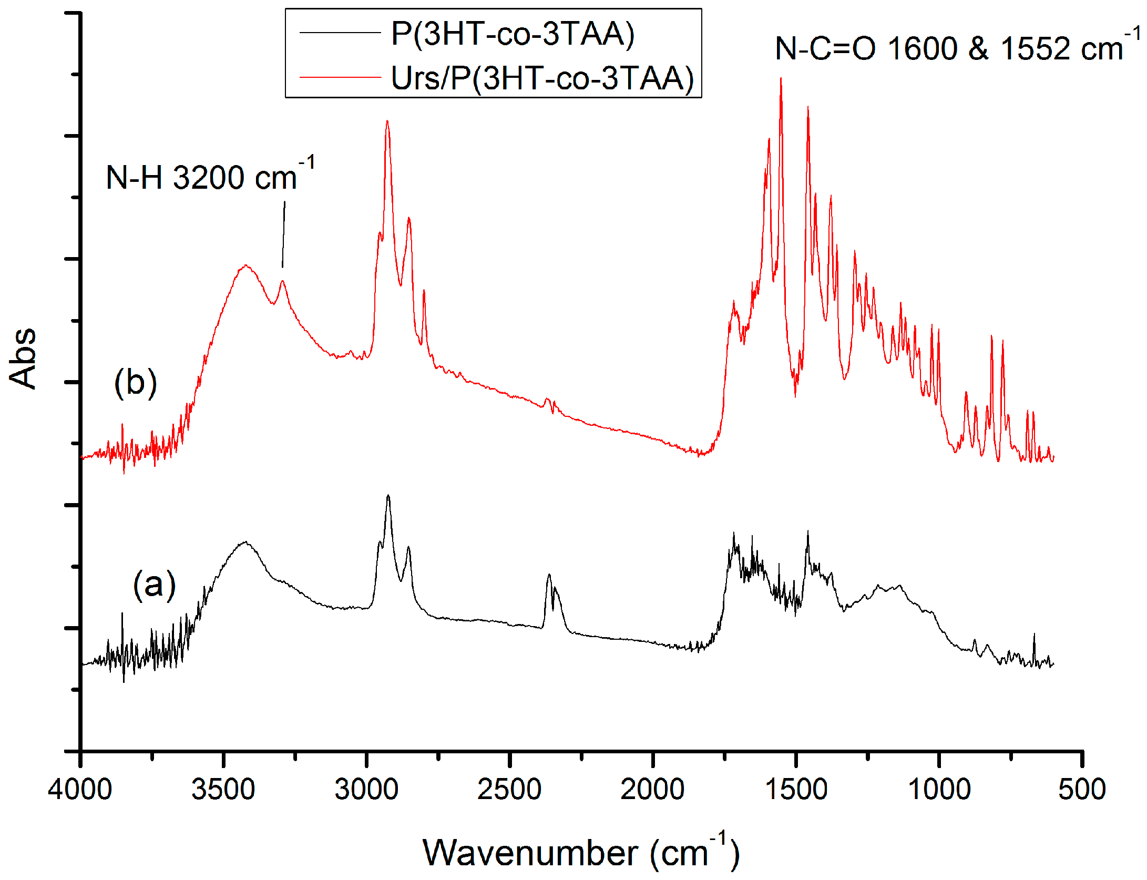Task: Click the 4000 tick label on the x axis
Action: click(x=80, y=790)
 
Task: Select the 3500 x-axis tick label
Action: click(x=223, y=790)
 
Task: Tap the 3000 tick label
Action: click(x=366, y=790)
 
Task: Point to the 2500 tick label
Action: click(x=509, y=790)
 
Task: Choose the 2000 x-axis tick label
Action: click(x=652, y=790)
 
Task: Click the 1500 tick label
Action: click(x=796, y=790)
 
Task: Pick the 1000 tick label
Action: click(x=939, y=790)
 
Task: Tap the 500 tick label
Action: click(x=1082, y=790)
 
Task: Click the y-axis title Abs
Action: click(x=23, y=359)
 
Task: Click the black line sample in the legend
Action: click(x=340, y=33)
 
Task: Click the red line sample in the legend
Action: click(x=340, y=77)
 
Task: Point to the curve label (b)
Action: click(x=136, y=382)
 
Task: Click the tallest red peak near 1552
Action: click(x=781, y=80)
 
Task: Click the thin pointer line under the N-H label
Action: click(x=284, y=234)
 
